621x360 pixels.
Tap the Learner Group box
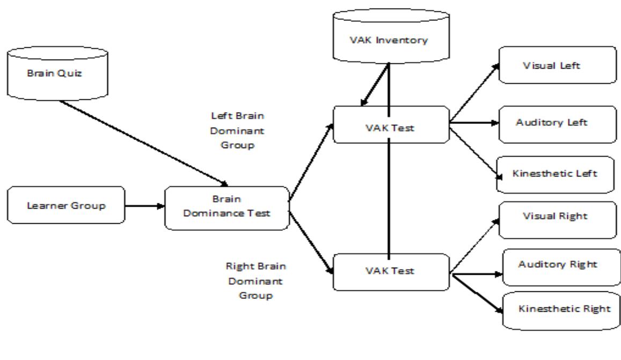click(66, 205)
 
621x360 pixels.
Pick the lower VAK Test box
click(390, 271)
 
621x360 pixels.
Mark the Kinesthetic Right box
click(563, 310)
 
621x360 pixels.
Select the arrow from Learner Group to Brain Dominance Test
click(144, 205)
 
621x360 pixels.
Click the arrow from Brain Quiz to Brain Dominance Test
click(145, 142)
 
